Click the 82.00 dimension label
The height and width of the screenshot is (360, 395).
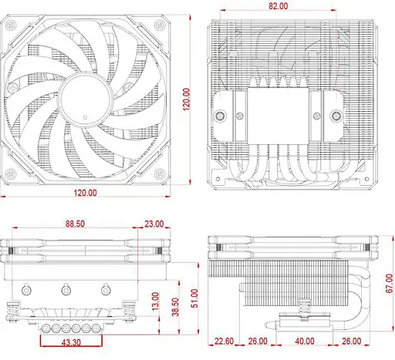(279, 5)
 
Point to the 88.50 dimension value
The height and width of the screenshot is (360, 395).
(76, 224)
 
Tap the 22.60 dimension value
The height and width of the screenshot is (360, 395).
(225, 340)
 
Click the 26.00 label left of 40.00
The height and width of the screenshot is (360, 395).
(258, 340)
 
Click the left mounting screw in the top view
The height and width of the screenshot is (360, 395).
(222, 116)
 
